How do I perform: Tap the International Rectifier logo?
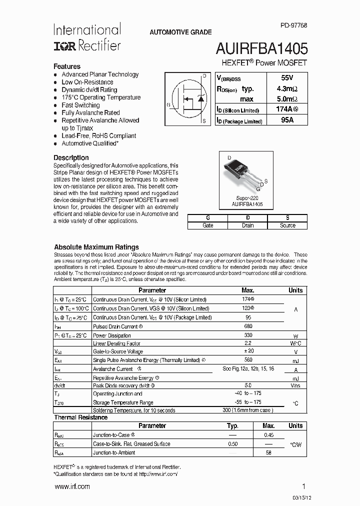pos(87,37)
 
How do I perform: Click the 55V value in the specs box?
pos(287,78)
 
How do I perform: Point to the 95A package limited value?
pos(287,120)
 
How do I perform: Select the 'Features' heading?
pos(67,66)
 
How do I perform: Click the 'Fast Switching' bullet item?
pos(80,105)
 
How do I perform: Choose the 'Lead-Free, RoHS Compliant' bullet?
pos(98,135)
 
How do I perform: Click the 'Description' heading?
pos(71,157)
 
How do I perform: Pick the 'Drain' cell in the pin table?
pos(247,225)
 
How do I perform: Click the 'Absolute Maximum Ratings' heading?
pos(96,247)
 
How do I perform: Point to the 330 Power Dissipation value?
pos(247,335)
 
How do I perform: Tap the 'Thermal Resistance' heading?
pos(80,417)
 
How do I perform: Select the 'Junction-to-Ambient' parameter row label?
pos(114,452)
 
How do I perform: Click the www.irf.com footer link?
pos(72,486)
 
